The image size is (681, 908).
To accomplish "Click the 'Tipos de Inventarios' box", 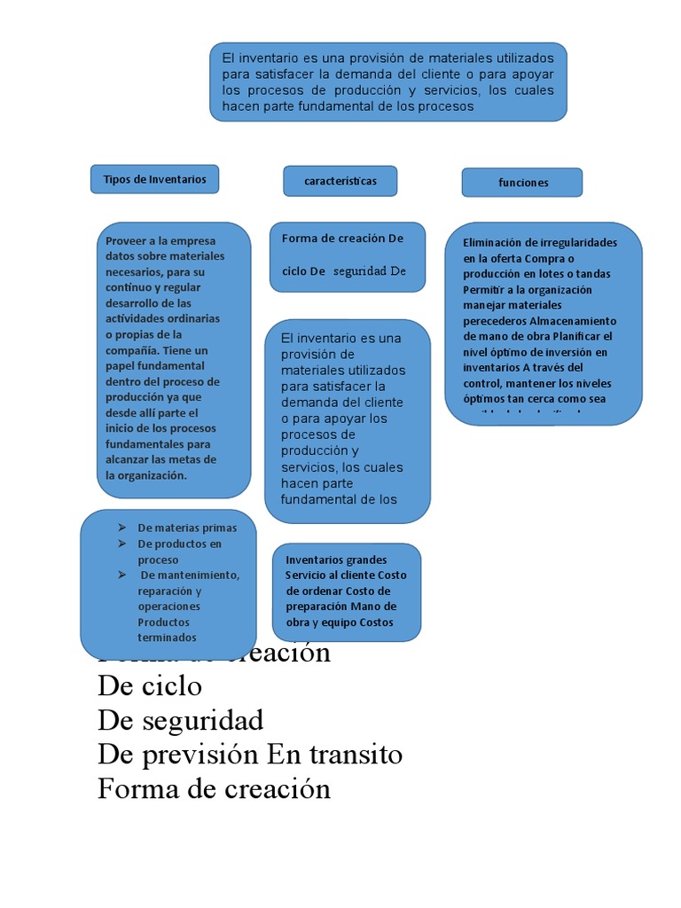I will click(154, 179).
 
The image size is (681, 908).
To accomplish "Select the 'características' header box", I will click(340, 181).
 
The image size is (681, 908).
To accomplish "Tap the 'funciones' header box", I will click(522, 183).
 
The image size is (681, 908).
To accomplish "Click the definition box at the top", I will click(387, 82).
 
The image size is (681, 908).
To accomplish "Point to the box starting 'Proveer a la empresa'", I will click(174, 359).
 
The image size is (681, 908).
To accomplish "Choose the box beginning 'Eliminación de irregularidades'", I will click(543, 324).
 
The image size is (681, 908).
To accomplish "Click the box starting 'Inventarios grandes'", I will click(347, 591).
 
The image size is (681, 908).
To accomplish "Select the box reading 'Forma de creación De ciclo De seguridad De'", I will click(347, 256).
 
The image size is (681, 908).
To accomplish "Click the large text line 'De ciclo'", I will click(150, 686).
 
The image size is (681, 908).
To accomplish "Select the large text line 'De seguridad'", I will click(180, 719).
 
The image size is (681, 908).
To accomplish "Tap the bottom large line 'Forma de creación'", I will click(214, 788).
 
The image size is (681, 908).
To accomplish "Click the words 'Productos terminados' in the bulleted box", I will click(167, 630).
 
